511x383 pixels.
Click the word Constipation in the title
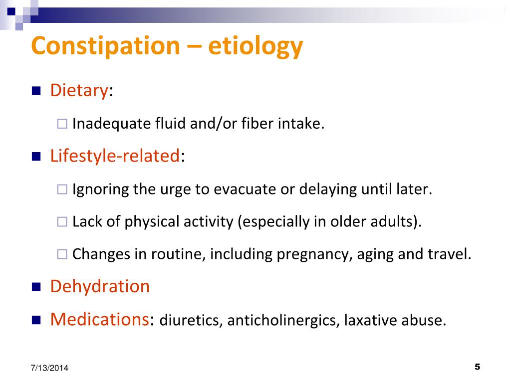tap(105, 46)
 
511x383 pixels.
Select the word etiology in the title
tap(255, 46)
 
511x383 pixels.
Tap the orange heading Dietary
tap(79, 91)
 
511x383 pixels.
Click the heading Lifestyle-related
tap(115, 156)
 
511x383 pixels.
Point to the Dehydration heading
tap(100, 286)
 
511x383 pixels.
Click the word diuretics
tap(191, 321)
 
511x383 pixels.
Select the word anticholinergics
tap(282, 321)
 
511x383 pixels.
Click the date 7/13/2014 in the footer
tap(48, 368)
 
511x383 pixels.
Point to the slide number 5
tap(477, 367)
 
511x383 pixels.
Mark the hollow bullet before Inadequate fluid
tap(62, 124)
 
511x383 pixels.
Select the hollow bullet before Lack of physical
tap(62, 222)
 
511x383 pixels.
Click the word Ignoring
tap(100, 190)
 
